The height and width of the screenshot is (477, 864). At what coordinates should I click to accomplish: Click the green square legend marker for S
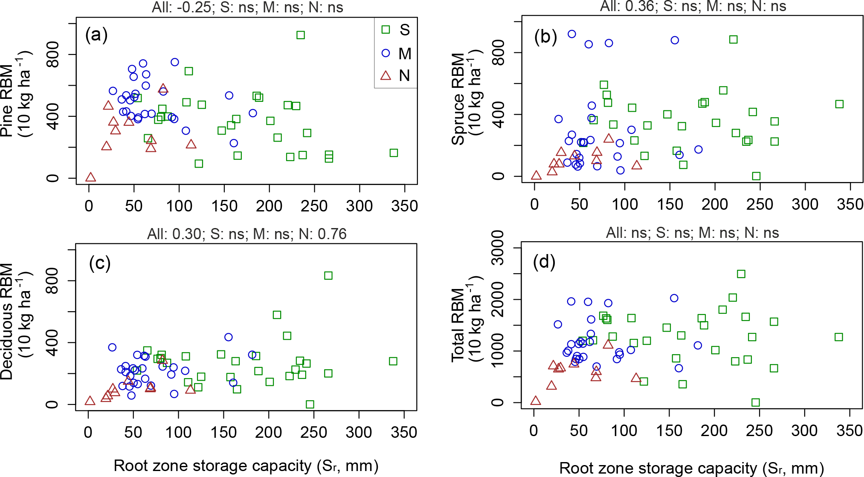(x=386, y=29)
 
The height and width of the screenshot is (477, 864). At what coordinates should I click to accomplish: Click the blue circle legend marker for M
(x=386, y=53)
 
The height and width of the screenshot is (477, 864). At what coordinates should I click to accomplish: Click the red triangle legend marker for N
(x=386, y=75)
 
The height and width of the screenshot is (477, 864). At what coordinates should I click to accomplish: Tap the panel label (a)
(x=96, y=35)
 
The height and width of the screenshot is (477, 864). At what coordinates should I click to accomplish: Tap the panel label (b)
(x=545, y=37)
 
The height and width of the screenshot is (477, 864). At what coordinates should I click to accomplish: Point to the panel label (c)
(x=100, y=263)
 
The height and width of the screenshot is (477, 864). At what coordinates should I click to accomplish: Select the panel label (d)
(x=544, y=262)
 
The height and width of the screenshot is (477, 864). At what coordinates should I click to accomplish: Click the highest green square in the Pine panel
(x=301, y=35)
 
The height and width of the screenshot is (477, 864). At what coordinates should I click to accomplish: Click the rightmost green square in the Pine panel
(x=394, y=153)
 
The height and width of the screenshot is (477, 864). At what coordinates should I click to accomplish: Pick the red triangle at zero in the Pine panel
(x=90, y=177)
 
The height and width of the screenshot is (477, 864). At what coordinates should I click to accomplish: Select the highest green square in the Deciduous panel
(x=328, y=275)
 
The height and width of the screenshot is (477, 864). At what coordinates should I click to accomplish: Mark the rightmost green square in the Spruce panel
(x=839, y=104)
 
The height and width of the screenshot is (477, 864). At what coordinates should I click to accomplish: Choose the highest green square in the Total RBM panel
(x=741, y=274)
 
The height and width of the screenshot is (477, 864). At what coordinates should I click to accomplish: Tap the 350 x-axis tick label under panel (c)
(x=404, y=432)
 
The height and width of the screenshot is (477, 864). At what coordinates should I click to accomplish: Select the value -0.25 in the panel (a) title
(x=197, y=7)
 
